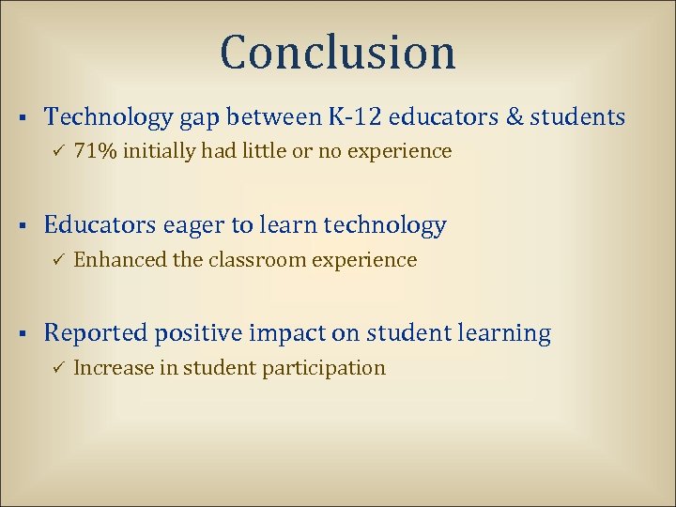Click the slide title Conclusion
[x=338, y=53]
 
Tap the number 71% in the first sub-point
[x=94, y=151]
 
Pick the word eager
[x=195, y=226]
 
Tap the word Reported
[x=97, y=333]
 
